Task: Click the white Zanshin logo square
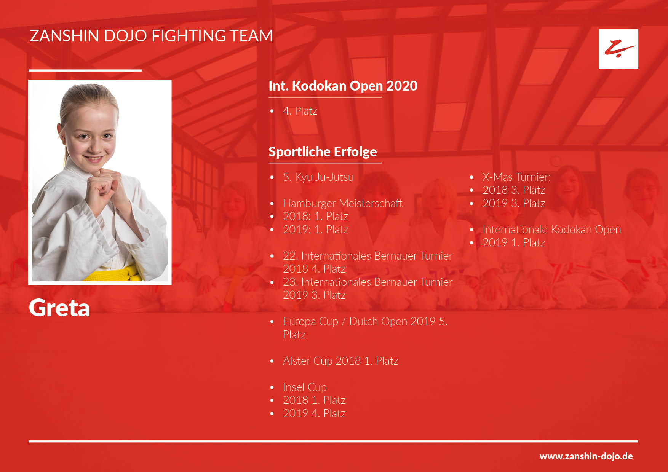(x=618, y=49)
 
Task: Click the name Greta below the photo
(x=59, y=308)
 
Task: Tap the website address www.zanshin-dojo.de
(x=586, y=456)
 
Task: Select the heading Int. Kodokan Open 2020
(x=343, y=86)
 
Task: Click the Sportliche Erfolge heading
(x=323, y=152)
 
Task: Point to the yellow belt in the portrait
(x=114, y=273)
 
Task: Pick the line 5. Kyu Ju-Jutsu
(x=318, y=177)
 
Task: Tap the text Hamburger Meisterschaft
(x=343, y=203)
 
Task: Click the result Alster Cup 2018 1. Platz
(x=340, y=361)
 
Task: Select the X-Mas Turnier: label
(x=516, y=177)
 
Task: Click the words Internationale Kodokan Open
(x=551, y=230)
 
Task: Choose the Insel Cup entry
(x=305, y=387)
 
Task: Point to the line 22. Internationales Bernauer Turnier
(x=368, y=256)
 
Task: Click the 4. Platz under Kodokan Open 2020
(x=300, y=111)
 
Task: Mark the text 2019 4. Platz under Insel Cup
(x=314, y=413)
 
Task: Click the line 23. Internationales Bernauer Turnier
(x=368, y=282)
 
